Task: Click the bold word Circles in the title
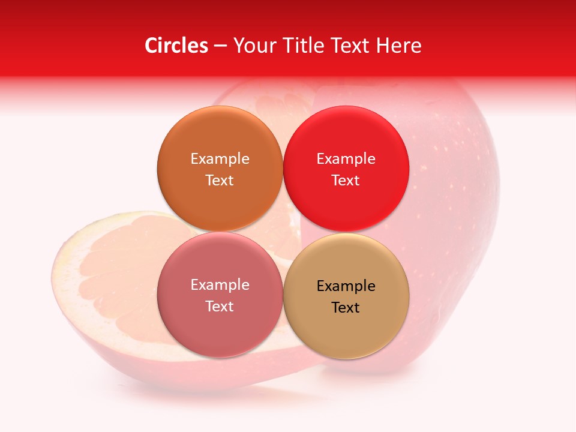[x=176, y=46]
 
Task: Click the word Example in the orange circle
[x=220, y=159]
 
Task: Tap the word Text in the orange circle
[x=220, y=181]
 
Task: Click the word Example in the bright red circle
[x=346, y=159]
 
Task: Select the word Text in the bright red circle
[x=346, y=181]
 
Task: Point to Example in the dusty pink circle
[x=220, y=285]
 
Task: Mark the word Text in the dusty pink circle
[x=220, y=307]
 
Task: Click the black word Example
[x=346, y=286]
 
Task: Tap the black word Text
[x=346, y=308]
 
